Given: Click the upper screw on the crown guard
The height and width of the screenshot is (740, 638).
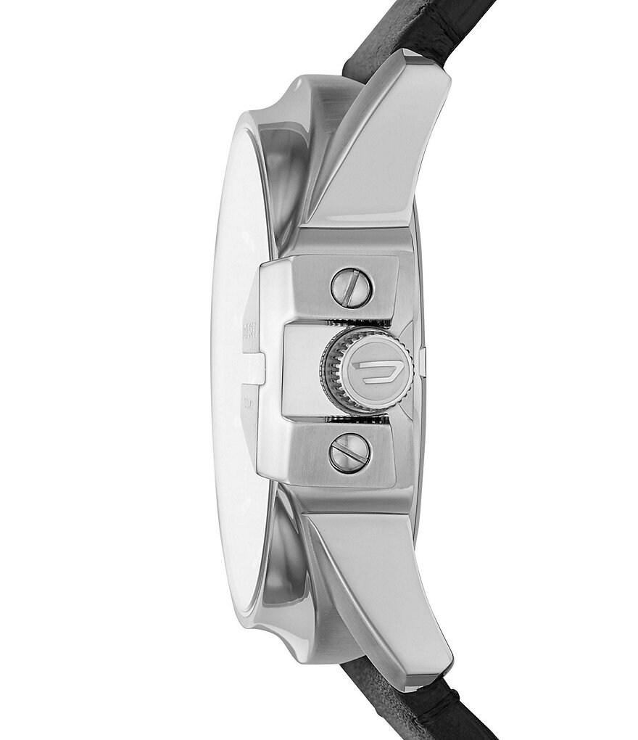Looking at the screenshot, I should pos(350,287).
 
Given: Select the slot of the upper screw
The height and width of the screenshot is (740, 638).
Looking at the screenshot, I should pos(350,287).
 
